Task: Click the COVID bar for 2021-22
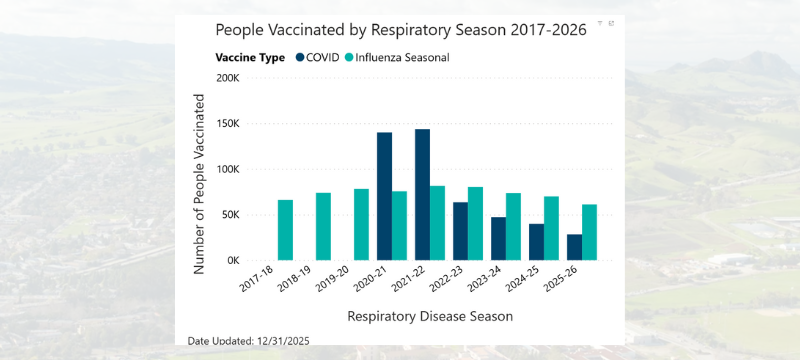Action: (x=422, y=195)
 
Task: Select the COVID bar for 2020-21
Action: (x=384, y=197)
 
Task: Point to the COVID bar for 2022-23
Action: (x=460, y=231)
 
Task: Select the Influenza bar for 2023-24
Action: (x=513, y=227)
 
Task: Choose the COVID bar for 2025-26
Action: (x=574, y=247)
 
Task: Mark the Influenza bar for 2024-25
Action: (x=551, y=228)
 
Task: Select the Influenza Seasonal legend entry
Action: (x=397, y=57)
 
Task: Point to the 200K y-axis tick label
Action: (x=227, y=78)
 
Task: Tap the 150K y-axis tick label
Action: (x=227, y=124)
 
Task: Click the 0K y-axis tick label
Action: (x=231, y=260)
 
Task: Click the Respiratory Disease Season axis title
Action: (x=430, y=316)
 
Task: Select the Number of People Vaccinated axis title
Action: (x=199, y=185)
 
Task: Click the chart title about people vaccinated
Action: (x=400, y=30)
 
